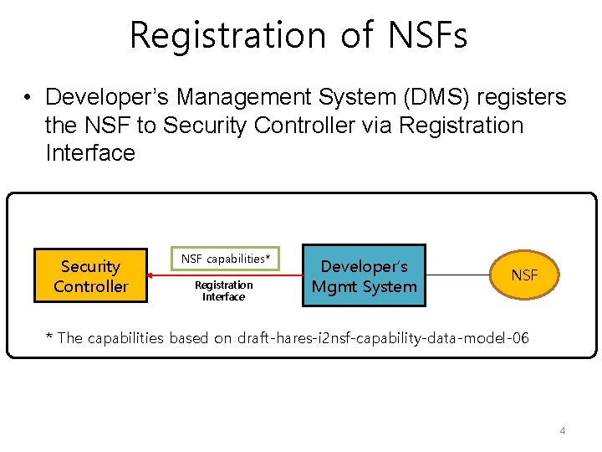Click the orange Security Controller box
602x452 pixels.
coord(91,276)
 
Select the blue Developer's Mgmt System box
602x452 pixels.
coord(364,276)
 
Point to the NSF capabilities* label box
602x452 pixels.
coord(226,259)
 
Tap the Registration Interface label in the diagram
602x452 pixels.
coord(223,290)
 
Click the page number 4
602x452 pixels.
coord(563,430)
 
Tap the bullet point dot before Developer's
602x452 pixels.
coord(28,99)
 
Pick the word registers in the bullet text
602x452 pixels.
coord(523,98)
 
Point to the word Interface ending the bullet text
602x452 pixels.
coord(90,153)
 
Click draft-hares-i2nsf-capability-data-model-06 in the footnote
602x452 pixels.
coord(383,338)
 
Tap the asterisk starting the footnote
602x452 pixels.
coord(48,337)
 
